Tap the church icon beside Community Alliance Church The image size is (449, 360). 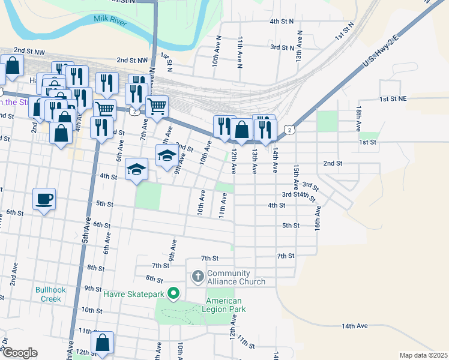pyautogui.click(x=198, y=277)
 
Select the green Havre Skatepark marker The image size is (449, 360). pyautogui.click(x=174, y=293)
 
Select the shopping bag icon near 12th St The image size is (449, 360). pyautogui.click(x=103, y=343)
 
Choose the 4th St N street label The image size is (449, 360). pyautogui.click(x=282, y=21)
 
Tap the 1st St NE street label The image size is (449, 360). pyautogui.click(x=393, y=98)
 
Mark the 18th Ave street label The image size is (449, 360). pyautogui.click(x=358, y=119)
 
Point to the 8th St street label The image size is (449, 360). pyautogui.click(x=96, y=268)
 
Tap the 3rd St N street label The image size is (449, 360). pyautogui.click(x=282, y=47)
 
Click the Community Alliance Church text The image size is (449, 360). pyautogui.click(x=237, y=277)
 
